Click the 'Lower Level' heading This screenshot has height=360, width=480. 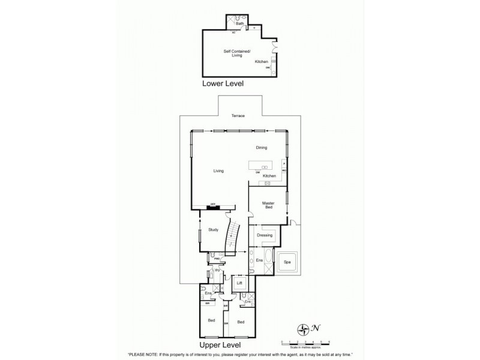[x=223, y=85]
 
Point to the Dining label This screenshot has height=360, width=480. [x=261, y=148]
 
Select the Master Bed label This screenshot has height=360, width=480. [x=268, y=205]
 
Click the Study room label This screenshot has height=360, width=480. [x=212, y=229]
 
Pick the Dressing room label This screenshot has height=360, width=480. [x=265, y=235]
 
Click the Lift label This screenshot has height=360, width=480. [x=239, y=282]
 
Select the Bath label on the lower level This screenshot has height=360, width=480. [x=239, y=23]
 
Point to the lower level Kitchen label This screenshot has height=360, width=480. [x=262, y=62]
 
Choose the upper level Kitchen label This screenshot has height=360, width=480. [x=269, y=176]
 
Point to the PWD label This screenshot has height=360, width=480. [x=209, y=259]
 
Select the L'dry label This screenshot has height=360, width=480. [x=218, y=272]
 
